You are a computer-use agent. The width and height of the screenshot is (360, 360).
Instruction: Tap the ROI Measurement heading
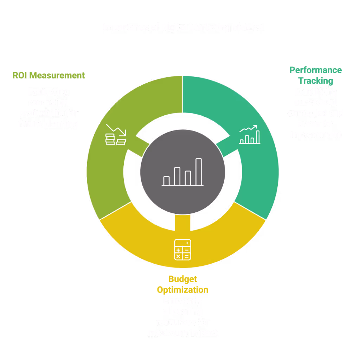click(x=49, y=75)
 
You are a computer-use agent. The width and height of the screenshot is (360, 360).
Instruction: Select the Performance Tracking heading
click(x=315, y=75)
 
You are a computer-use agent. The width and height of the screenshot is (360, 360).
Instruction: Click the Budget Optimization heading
click(x=182, y=284)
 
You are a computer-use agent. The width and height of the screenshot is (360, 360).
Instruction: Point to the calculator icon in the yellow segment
click(x=182, y=249)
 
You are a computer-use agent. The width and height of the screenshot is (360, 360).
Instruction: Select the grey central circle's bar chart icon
click(x=183, y=172)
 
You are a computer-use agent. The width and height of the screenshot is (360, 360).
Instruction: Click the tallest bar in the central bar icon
click(x=199, y=172)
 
